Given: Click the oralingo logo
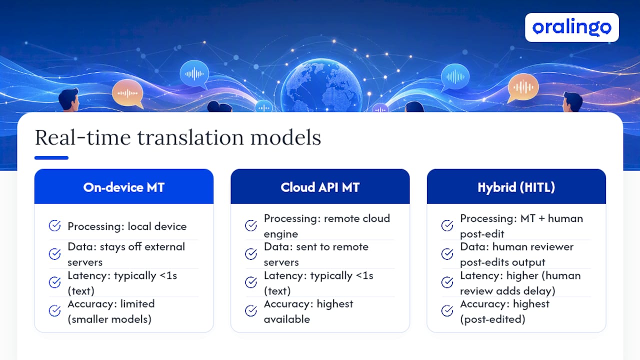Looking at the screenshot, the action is [571, 27].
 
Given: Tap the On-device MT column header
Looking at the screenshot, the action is [123, 187].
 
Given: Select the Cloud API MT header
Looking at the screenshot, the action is [320, 187].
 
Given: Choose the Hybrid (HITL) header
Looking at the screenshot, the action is [516, 187].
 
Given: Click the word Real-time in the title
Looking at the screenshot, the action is [82, 137].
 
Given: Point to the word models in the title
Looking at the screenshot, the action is [285, 137].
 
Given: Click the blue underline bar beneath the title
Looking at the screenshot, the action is [51, 157].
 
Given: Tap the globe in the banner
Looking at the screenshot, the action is [321, 85].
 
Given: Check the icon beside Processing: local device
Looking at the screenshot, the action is [54, 225].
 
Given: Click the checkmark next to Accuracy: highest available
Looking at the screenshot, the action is [251, 310].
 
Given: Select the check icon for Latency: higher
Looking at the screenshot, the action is [447, 282].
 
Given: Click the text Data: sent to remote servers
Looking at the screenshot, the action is [316, 254].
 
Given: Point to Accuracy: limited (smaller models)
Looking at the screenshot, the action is [111, 311].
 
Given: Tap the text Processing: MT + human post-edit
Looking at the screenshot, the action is [521, 226].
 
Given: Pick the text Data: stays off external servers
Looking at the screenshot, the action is [126, 254].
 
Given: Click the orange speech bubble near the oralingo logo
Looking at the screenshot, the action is [522, 87].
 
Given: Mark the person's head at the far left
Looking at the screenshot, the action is [69, 99].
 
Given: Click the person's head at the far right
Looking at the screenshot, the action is [572, 101].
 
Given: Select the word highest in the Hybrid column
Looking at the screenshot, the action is [531, 304].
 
